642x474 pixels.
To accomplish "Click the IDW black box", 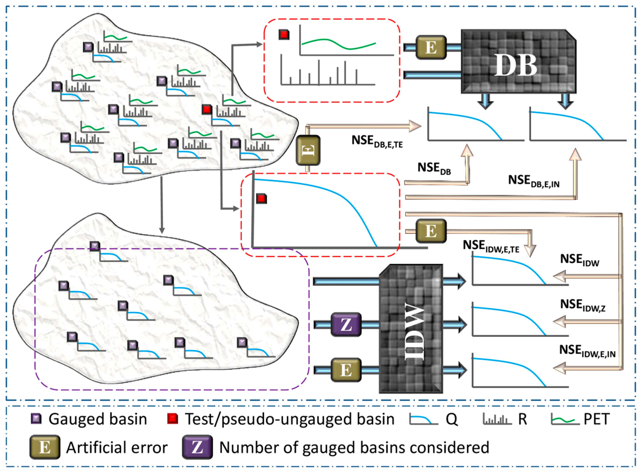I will pos(411,329).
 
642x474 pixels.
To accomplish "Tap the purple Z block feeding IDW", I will pos(346,325).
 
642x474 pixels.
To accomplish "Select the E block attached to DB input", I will pos(431,47).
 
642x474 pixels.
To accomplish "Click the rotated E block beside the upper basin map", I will pos(308,150).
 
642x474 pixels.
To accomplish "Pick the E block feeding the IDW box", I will pos(346,370).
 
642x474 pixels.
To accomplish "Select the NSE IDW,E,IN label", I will pos(587,351).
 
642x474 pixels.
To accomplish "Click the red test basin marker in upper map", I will pos(207,109).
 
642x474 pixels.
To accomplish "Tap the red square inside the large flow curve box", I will pos(261,199).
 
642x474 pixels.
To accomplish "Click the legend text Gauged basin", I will pos(98,419).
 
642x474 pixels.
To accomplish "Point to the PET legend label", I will pos(597,419).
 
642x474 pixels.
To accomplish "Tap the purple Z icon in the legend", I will pos(197,447).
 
